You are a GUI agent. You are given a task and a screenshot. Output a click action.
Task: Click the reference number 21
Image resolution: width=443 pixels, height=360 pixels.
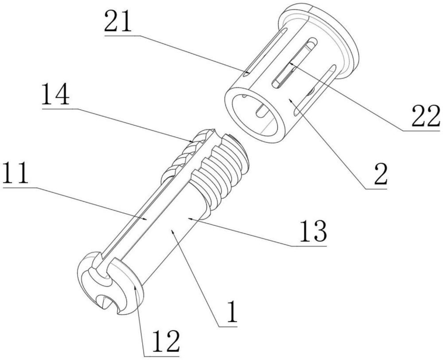pyautogui.click(x=118, y=21)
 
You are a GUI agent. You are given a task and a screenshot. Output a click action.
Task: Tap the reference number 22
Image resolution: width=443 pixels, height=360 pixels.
pyautogui.click(x=426, y=116)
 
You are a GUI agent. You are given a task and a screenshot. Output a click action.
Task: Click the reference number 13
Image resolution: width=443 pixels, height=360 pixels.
pyautogui.click(x=313, y=231)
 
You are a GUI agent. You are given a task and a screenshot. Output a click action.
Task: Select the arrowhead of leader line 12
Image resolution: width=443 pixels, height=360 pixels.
pyautogui.click(x=136, y=289)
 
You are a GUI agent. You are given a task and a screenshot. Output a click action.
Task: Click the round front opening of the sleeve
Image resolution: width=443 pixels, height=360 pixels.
pyautogui.click(x=254, y=114)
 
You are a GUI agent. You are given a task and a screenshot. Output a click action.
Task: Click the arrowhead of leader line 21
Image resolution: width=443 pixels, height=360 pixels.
pyautogui.click(x=246, y=72)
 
